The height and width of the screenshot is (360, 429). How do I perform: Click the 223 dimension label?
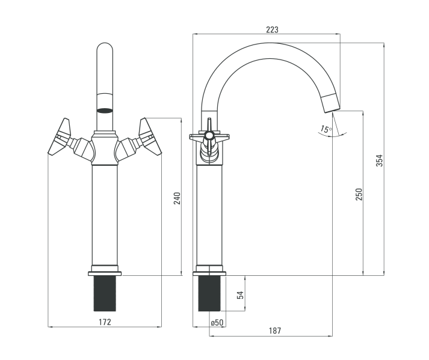272,29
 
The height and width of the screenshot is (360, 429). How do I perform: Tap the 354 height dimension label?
380,160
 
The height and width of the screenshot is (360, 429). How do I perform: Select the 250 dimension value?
359,194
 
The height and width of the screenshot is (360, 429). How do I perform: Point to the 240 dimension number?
177,198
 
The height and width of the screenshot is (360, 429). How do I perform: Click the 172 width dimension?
105,322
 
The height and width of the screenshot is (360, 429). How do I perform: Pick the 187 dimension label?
275,331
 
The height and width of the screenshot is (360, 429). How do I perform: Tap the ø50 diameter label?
217,323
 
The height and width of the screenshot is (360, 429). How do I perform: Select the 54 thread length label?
240,295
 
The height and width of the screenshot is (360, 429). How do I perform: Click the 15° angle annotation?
326,129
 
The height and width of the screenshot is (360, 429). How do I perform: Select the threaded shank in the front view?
105,293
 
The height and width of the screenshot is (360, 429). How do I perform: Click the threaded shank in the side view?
209,293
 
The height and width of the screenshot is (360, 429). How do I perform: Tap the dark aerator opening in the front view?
105,111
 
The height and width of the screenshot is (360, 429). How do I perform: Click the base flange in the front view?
105,273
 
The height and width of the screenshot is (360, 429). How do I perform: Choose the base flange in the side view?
209,273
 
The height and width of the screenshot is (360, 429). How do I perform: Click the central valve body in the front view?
105,148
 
